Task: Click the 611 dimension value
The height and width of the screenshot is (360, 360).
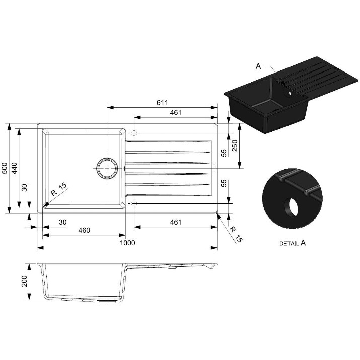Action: (162, 102)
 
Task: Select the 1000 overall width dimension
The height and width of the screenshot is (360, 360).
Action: (128, 243)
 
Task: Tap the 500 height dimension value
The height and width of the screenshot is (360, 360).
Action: (5, 168)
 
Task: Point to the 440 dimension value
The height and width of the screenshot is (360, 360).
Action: (14, 168)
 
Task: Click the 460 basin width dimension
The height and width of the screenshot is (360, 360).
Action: (84, 230)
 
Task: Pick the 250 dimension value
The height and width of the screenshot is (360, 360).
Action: (235, 146)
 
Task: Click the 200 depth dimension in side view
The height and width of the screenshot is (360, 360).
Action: (24, 281)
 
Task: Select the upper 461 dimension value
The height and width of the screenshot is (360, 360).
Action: (176, 112)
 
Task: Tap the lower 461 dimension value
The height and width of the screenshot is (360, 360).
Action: (176, 222)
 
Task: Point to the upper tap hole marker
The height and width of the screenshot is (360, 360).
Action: (134, 133)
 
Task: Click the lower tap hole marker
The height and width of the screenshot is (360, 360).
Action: (134, 203)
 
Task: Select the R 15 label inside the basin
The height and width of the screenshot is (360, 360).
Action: (59, 189)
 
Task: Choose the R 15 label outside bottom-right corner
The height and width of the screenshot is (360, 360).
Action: (236, 235)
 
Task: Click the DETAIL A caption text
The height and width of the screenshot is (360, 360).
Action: (293, 243)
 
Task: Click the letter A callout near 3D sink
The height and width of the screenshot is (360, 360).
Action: (258, 66)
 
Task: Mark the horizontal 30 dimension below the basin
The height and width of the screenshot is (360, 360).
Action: (62, 222)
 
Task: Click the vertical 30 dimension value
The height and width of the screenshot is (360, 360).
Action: (24, 188)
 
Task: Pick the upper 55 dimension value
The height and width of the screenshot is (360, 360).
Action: (224, 153)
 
